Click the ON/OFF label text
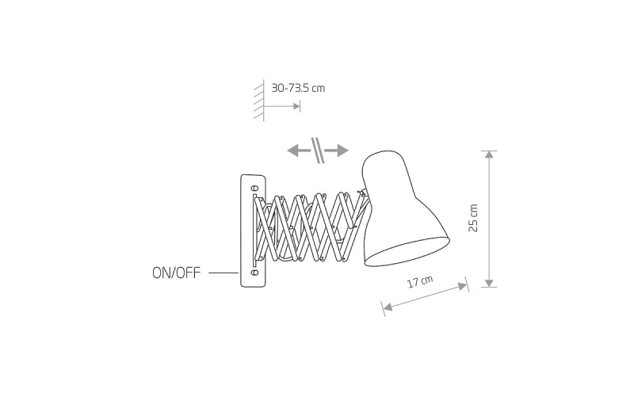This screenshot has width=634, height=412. pos(176,273)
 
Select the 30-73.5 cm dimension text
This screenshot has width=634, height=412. pos(298,88)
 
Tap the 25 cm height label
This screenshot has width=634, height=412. pos(473,218)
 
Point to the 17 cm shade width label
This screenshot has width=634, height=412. pos(420,281)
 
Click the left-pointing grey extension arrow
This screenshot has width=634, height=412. pos(299,151)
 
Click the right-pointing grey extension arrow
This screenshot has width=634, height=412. pos(336,151)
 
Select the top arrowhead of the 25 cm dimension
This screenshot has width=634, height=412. pos(489,154)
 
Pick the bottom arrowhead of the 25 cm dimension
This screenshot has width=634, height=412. pos(489,283)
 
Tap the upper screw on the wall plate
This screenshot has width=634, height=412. pos(254,189)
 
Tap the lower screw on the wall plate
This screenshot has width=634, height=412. pos(254,273)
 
